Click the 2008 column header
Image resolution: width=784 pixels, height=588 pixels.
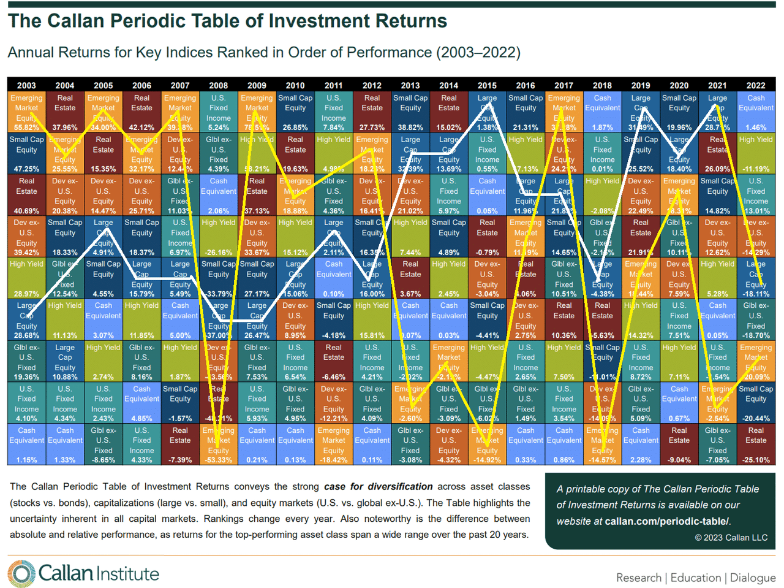point(218,85)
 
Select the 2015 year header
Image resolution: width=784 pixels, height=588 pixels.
point(487,85)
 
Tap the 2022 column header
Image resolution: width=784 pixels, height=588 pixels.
point(755,85)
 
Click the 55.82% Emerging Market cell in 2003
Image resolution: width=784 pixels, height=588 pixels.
point(26,112)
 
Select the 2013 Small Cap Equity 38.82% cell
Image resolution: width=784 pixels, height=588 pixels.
point(410,112)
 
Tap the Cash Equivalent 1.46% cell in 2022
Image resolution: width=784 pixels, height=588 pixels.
point(755,112)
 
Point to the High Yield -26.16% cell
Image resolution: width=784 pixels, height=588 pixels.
point(218,237)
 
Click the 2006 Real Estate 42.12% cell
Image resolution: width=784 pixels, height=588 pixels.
point(141,112)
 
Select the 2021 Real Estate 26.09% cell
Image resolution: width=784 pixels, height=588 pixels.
point(717,154)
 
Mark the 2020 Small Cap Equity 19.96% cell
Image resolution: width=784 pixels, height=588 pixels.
point(679,112)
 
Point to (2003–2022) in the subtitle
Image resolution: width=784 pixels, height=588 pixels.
point(478,53)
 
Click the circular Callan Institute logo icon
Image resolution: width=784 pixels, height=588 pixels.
point(21,574)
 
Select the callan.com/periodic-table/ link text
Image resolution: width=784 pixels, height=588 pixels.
point(667,521)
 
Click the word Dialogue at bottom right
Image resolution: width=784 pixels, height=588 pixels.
point(753,578)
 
